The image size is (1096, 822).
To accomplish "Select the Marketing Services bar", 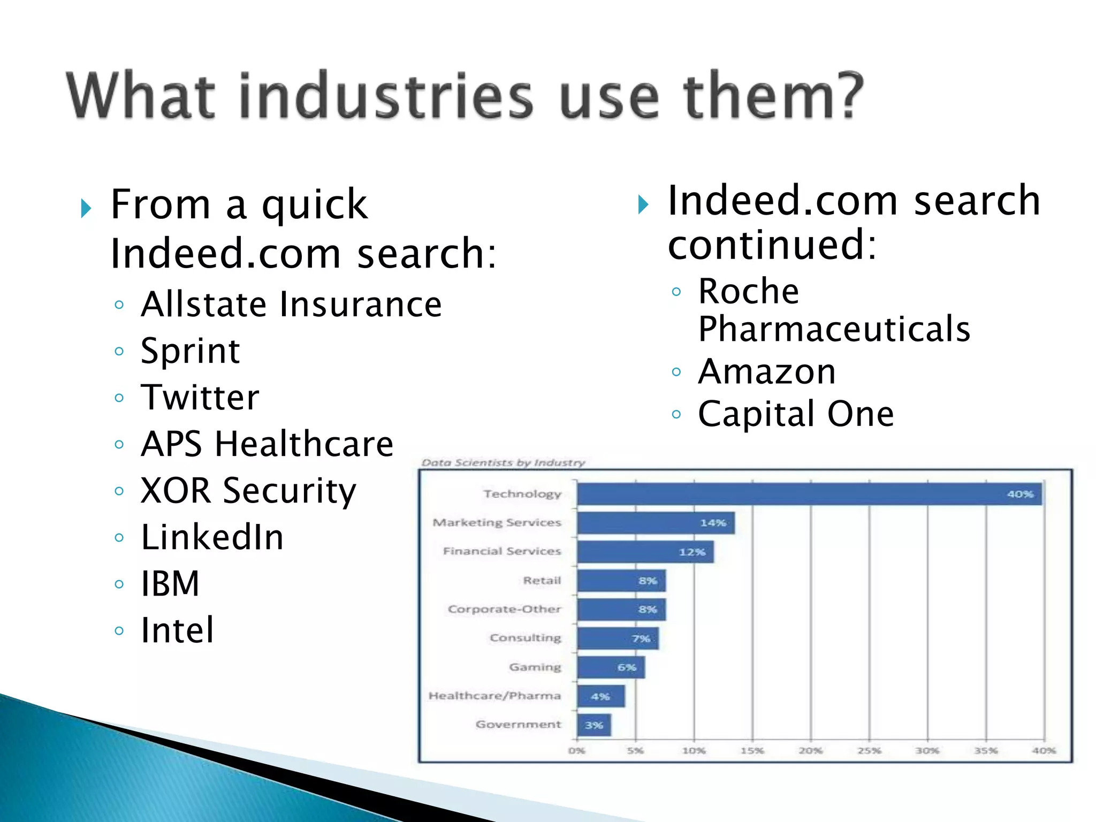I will [x=656, y=523].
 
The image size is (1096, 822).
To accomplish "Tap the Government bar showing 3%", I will [x=593, y=725].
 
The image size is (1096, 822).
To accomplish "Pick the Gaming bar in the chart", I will [x=611, y=667].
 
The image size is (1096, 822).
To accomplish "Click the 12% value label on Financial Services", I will [x=692, y=552].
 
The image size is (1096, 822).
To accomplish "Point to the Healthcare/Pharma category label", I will [x=494, y=696].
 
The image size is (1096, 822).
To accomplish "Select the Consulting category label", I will [x=525, y=638].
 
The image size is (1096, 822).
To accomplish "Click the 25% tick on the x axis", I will [x=869, y=751].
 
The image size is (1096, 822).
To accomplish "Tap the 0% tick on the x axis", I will [x=576, y=751].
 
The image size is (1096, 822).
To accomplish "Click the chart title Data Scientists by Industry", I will [x=503, y=463].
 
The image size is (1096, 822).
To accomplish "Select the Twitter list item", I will [x=200, y=398].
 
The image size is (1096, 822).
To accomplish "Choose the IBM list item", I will [x=170, y=583].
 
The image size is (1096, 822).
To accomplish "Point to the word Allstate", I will [x=203, y=305].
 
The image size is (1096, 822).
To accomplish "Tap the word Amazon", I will [x=766, y=372].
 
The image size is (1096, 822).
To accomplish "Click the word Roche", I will [x=748, y=292].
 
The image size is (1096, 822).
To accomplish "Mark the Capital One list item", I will [x=796, y=414].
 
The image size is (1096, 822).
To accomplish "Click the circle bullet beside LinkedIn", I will [x=119, y=537].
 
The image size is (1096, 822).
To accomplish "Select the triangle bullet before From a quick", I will [x=86, y=208].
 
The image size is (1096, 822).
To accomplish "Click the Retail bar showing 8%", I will [x=621, y=581].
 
